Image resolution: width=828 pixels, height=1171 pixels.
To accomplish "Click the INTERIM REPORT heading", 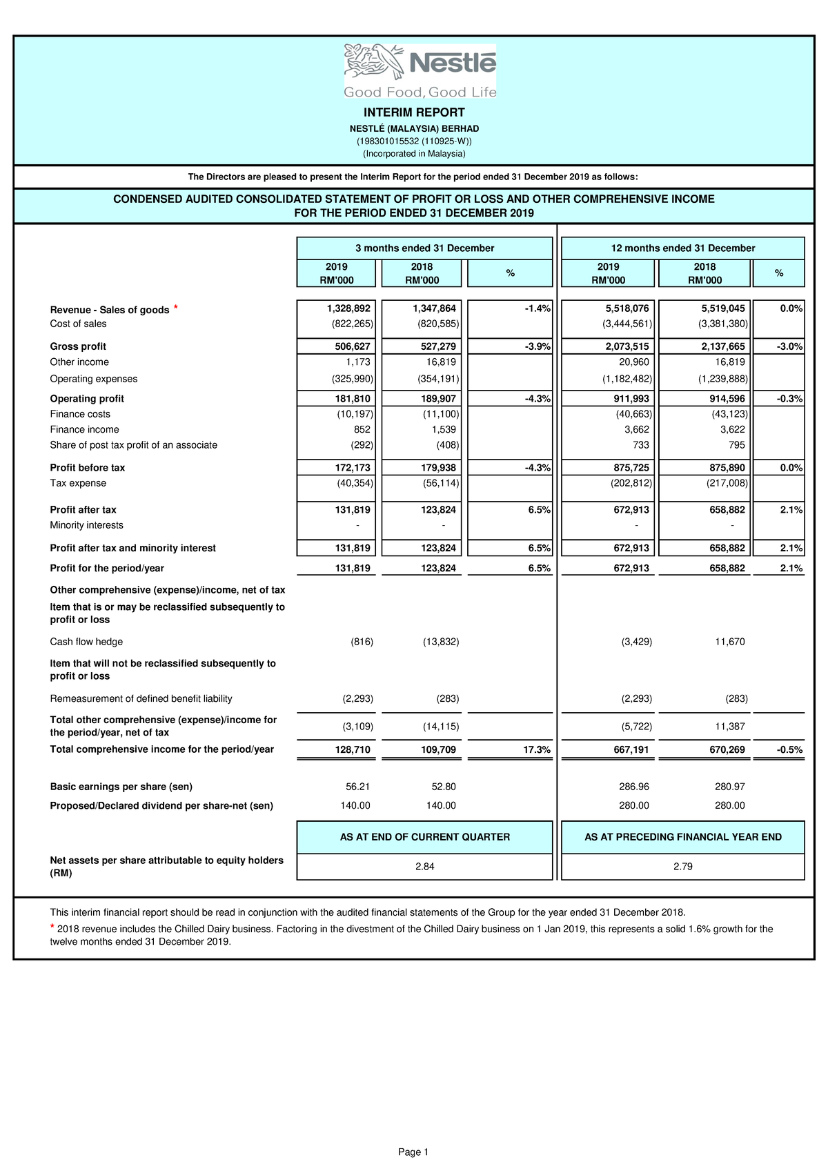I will tap(414, 112).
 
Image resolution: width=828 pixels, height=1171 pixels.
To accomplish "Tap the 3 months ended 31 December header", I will tap(424, 248).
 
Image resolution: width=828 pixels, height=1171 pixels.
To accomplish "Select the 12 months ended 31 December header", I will tap(682, 248).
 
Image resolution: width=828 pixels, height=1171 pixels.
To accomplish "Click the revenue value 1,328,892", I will tap(348, 308).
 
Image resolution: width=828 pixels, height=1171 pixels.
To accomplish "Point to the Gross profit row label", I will tap(78, 346).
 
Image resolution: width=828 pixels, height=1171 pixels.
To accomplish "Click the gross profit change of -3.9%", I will tap(538, 346).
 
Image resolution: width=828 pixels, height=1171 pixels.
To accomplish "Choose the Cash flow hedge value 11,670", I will tap(729, 642).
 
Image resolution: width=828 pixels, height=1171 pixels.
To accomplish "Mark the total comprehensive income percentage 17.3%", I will tap(537, 749).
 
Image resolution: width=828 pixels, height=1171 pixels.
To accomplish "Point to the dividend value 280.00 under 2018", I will tap(729, 805).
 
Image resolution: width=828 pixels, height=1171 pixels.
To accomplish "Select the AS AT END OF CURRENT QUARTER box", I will tap(424, 837).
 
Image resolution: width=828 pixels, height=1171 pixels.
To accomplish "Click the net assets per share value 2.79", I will tap(682, 867).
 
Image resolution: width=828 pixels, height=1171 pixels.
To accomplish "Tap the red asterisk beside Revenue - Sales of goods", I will tap(176, 307).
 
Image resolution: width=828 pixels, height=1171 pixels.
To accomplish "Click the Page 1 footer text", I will tap(413, 1152).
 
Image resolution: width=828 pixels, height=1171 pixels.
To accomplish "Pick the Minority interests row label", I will tap(86, 525).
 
